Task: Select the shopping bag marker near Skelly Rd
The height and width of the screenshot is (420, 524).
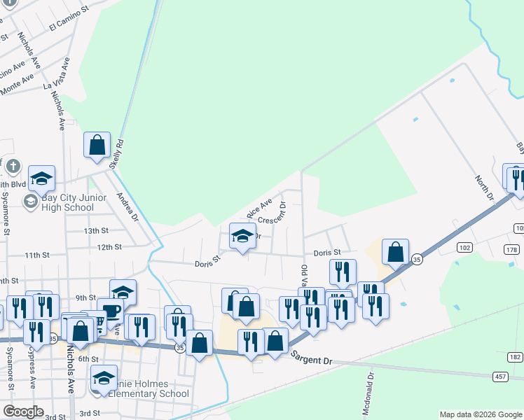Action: pyautogui.click(x=97, y=145)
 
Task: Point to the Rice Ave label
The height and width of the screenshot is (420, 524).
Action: pyautogui.click(x=258, y=208)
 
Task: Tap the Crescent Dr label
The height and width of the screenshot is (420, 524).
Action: pyautogui.click(x=273, y=214)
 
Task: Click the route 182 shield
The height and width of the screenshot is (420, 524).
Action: pyautogui.click(x=516, y=357)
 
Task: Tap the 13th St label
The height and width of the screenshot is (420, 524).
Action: pyautogui.click(x=96, y=230)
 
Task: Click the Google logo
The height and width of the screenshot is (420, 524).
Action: pyautogui.click(x=23, y=412)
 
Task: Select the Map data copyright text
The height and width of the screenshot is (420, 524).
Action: pyautogui.click(x=480, y=414)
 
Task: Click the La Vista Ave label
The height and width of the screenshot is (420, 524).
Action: pyautogui.click(x=57, y=83)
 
